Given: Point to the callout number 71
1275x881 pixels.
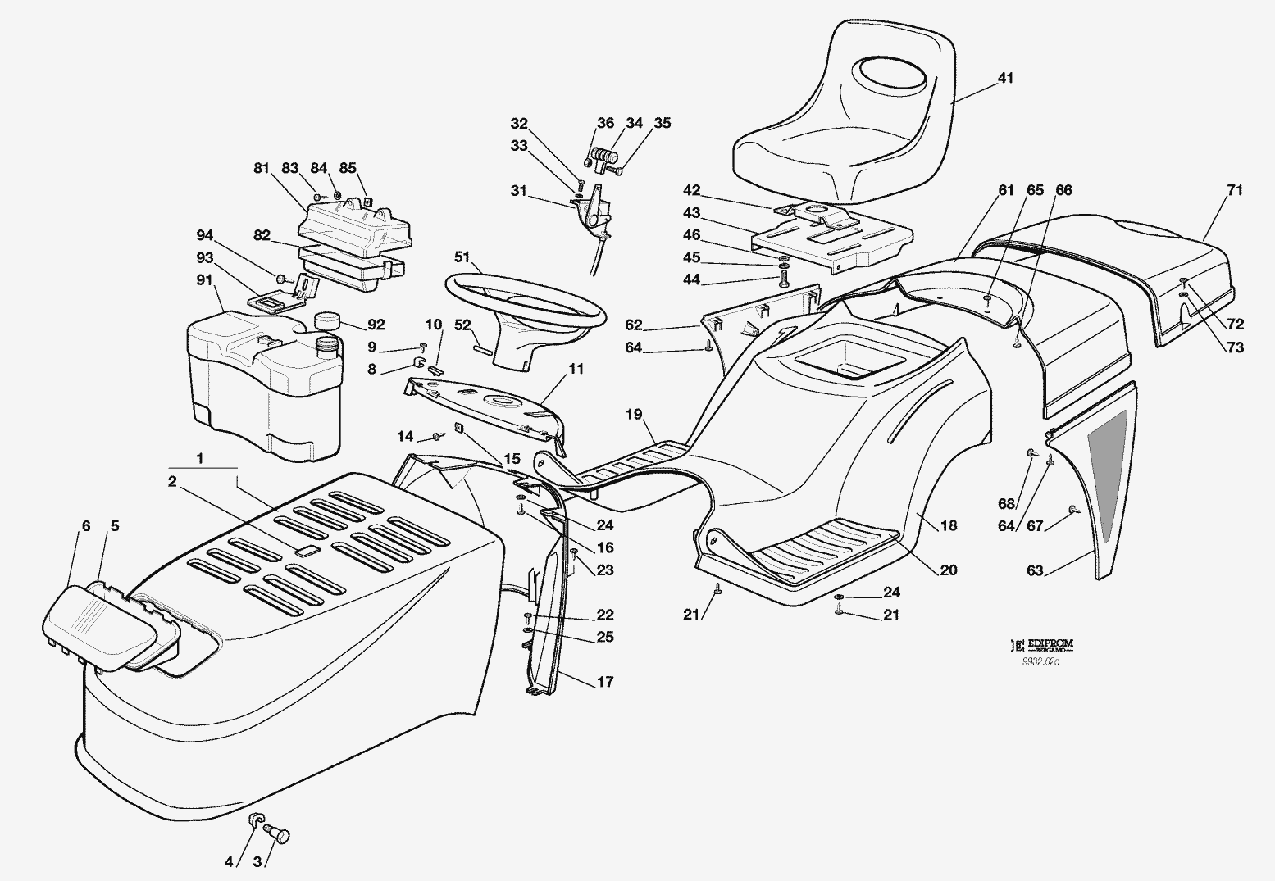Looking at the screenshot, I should point(1234,190).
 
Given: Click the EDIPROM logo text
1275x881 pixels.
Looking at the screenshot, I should point(1050,645).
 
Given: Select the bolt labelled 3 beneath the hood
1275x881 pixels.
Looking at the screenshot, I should point(281,835).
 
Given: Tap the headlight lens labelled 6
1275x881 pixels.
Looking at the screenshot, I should point(98,627).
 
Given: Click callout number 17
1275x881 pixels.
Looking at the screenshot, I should point(604,682).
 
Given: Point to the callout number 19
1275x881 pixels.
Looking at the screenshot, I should point(634,414).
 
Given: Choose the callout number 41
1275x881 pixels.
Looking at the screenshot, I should point(1005,79).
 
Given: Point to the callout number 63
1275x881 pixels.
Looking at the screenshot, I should point(1035,570).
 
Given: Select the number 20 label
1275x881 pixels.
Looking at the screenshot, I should point(948,570).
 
